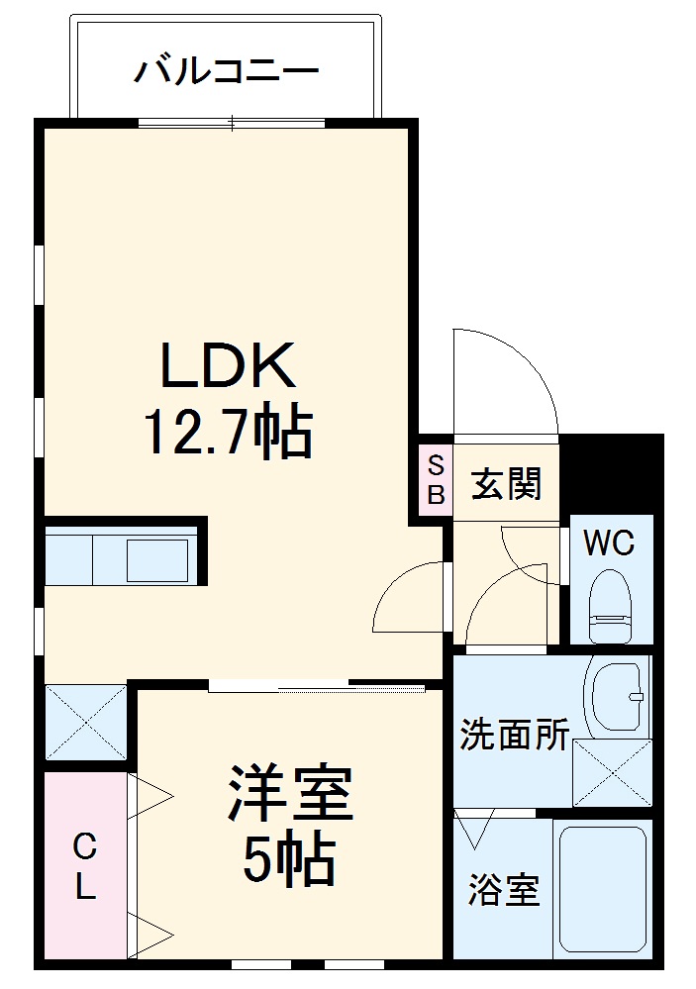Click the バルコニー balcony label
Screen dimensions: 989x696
[x=227, y=70]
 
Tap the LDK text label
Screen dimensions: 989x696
[x=229, y=367]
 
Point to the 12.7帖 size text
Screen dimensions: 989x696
[x=229, y=432]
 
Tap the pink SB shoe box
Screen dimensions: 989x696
[x=436, y=478]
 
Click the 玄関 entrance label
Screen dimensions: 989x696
[x=506, y=484]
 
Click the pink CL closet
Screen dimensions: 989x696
[x=85, y=865]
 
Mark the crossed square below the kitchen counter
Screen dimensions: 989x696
[x=85, y=722]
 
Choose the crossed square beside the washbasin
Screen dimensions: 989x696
[x=611, y=773]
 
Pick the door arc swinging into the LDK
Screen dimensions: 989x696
[x=409, y=598]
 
